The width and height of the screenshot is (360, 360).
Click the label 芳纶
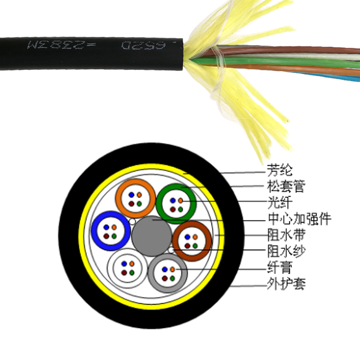[x=279, y=171]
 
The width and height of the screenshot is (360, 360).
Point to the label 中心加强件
[x=299, y=220]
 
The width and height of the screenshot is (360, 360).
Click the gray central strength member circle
[x=152, y=235]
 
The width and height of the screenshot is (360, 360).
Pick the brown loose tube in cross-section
[x=192, y=240]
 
